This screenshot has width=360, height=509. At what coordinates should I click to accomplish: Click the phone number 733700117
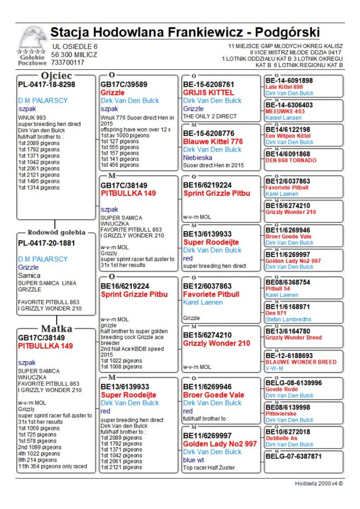point(67,63)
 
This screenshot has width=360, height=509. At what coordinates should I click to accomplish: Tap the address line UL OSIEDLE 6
point(74,46)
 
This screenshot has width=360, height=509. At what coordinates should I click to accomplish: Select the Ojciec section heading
point(57,76)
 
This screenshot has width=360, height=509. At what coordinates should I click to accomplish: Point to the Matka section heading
point(57,328)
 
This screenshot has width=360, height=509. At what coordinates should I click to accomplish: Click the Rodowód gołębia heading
point(56,233)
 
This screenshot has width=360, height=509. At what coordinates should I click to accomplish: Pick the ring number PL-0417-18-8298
point(46,84)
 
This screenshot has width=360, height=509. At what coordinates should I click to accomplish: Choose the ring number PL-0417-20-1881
point(46,243)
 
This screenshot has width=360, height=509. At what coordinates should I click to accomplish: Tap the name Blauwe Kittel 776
point(213,141)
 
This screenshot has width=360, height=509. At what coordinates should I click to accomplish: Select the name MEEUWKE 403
point(285,111)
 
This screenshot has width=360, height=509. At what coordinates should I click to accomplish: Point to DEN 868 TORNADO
point(291,160)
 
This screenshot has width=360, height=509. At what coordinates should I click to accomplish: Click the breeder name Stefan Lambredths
point(288,320)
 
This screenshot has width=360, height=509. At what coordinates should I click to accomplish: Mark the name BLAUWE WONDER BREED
point(301,362)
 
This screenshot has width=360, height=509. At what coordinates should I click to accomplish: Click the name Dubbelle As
point(281,438)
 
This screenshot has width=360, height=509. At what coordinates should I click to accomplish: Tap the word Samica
point(29,275)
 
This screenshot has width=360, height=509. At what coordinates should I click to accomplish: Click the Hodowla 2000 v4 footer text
point(319,483)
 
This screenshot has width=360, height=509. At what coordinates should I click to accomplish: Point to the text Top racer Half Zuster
point(209,468)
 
